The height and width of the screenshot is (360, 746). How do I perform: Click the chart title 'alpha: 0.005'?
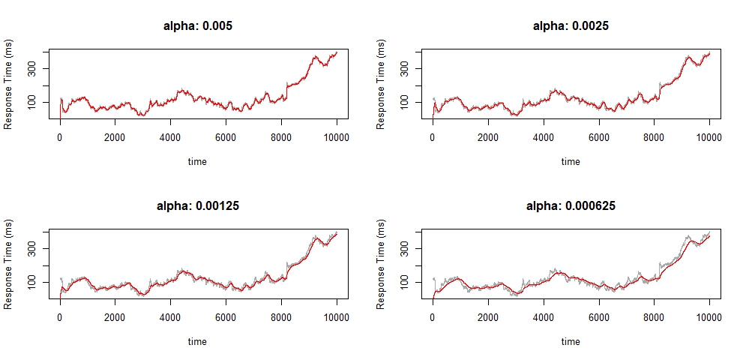tap(198, 25)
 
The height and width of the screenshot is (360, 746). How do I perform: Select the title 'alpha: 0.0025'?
tap(571, 25)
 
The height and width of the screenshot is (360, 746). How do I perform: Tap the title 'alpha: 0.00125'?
tap(198, 205)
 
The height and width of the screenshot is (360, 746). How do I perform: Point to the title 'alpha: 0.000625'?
tap(571, 205)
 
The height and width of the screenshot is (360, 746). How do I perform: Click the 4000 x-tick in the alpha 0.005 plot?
tap(170, 138)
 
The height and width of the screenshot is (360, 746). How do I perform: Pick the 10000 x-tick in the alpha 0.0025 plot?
tap(709, 138)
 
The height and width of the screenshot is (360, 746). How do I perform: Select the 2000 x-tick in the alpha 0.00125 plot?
tap(115, 318)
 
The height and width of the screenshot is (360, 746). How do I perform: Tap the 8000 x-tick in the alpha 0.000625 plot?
tap(654, 318)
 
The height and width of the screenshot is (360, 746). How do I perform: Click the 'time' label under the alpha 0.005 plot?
tap(198, 161)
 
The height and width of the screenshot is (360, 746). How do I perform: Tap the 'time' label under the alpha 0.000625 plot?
tap(571, 341)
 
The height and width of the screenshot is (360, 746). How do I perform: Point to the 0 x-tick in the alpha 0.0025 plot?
tap(433, 138)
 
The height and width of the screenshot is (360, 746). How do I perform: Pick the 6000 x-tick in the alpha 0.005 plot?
tap(226, 138)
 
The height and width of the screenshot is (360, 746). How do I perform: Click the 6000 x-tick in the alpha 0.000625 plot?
tap(598, 318)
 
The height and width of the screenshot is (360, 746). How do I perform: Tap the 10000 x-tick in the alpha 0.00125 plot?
tap(337, 318)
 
